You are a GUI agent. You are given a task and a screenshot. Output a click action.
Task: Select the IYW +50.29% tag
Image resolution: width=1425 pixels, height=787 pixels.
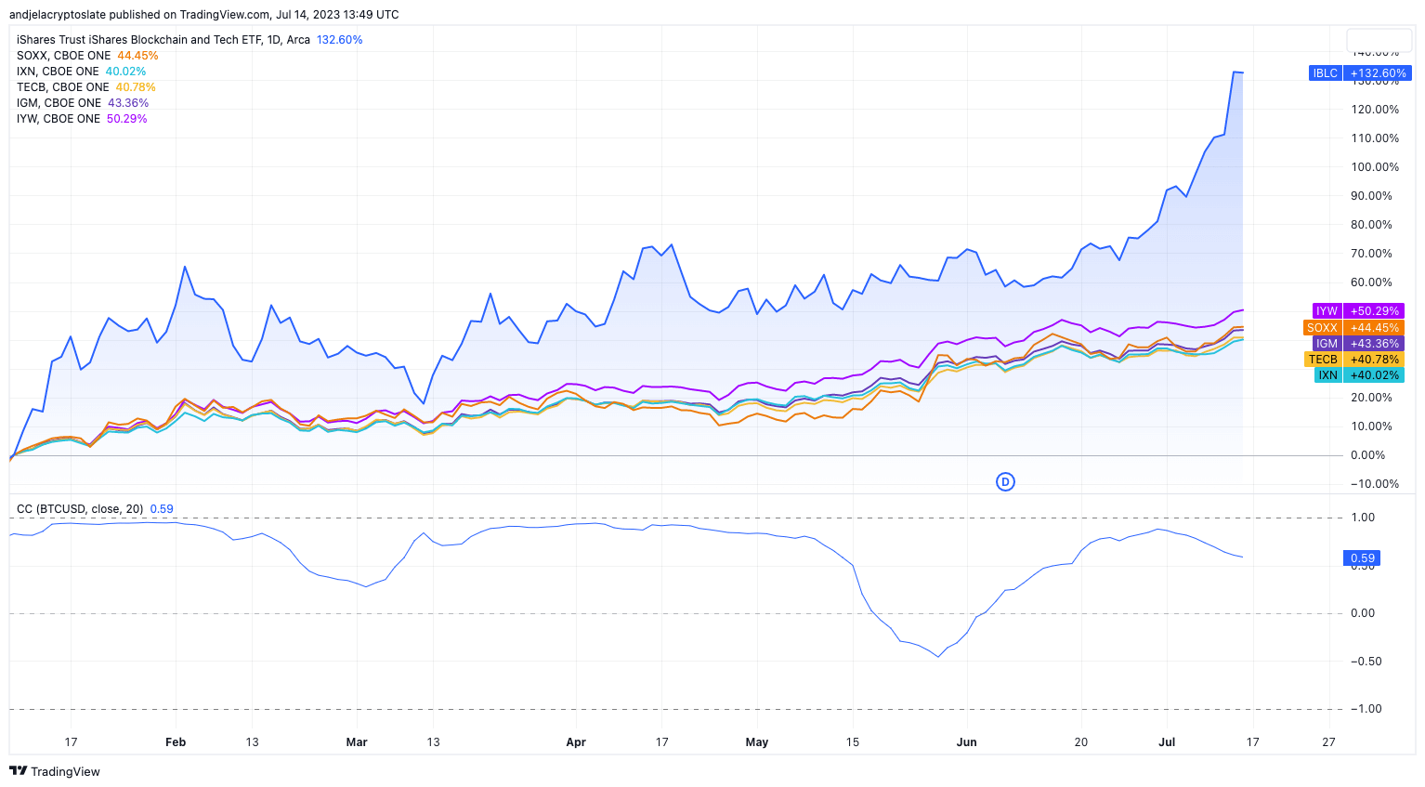[1357, 311]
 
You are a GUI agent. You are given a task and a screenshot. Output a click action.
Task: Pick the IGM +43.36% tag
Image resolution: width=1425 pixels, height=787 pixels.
[1357, 344]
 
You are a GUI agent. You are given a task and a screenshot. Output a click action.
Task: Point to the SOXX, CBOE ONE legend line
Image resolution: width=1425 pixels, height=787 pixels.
[86, 56]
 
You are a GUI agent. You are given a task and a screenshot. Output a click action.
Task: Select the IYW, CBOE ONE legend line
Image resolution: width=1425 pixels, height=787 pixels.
[82, 119]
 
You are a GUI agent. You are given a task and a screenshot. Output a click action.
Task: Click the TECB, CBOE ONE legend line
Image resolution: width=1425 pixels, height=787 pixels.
[85, 87]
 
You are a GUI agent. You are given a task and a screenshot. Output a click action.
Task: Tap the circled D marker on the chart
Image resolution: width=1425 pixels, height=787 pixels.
[1005, 482]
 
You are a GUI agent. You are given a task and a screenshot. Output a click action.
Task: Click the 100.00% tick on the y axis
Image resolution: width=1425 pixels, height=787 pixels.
[1375, 167]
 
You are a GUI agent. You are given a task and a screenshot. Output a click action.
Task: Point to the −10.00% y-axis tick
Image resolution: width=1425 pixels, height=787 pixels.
[1375, 484]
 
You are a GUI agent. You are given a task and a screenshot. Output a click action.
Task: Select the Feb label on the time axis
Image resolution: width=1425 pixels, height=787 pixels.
[176, 742]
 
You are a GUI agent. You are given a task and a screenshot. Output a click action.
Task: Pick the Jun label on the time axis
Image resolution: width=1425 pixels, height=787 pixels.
[967, 742]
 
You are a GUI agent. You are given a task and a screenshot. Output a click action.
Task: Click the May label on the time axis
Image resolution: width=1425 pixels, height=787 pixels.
[757, 742]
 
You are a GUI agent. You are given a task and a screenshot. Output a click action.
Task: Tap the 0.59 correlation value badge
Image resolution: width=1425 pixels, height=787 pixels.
[1362, 558]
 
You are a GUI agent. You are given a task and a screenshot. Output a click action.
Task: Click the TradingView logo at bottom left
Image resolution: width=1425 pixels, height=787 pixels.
[55, 771]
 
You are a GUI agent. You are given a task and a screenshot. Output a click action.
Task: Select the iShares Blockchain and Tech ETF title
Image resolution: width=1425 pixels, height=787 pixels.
[163, 40]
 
